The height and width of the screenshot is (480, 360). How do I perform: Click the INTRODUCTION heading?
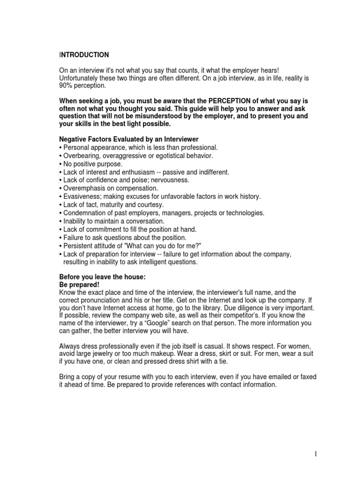click(x=84, y=55)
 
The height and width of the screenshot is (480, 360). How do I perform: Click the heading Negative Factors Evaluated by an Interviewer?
click(x=128, y=139)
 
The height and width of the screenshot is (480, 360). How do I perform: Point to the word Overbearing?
click(x=80, y=156)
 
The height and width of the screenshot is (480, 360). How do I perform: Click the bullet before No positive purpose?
click(x=60, y=164)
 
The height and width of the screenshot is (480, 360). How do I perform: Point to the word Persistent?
click(x=78, y=246)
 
